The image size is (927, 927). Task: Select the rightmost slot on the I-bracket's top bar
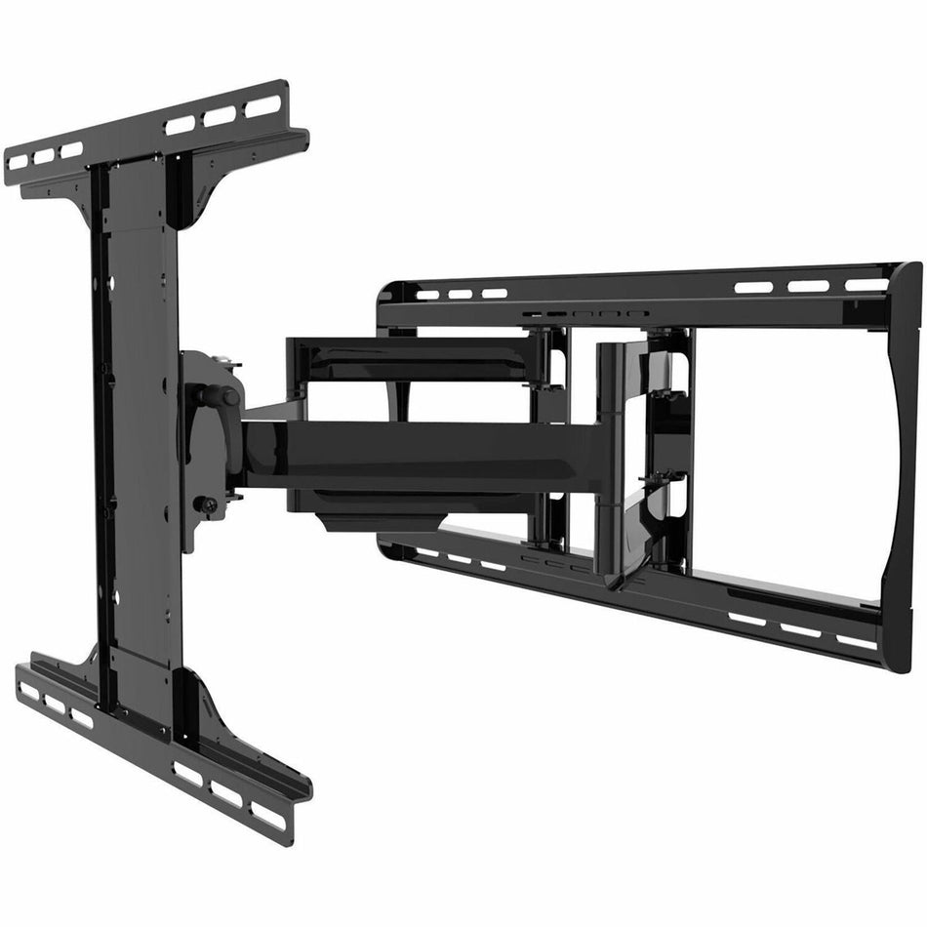[x=262, y=105]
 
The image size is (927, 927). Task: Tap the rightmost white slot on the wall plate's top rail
[x=867, y=285]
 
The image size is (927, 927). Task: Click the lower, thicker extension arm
[x=420, y=454]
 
